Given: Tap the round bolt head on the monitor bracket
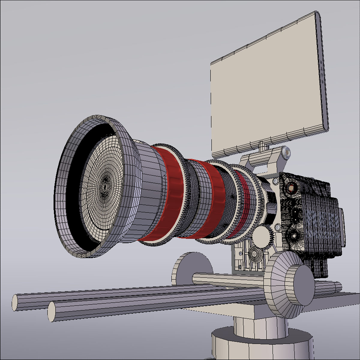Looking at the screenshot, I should point(286,153).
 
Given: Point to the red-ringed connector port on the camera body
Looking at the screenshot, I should point(290,188).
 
